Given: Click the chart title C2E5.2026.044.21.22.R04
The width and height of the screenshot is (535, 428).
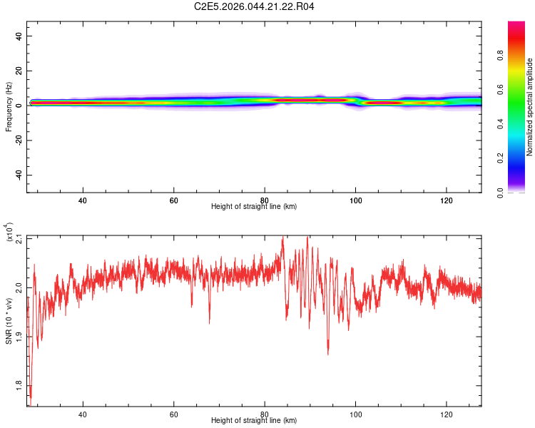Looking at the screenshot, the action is [254, 6].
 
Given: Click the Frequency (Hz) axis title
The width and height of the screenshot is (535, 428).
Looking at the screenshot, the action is [9, 107].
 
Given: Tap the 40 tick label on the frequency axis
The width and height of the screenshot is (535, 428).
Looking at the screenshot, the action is [19, 36].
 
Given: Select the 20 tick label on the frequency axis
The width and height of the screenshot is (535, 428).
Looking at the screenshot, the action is [19, 71].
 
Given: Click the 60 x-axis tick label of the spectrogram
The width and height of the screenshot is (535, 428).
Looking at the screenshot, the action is [173, 200].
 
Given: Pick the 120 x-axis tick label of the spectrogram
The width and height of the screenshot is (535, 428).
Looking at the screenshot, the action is [447, 200].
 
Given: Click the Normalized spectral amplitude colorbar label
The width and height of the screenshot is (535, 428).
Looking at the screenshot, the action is [529, 107].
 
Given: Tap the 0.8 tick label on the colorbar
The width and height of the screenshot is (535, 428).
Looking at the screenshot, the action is [500, 56].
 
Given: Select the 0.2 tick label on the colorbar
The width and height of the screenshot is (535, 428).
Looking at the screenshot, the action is [500, 158].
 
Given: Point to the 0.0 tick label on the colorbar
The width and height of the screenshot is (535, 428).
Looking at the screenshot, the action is [500, 193].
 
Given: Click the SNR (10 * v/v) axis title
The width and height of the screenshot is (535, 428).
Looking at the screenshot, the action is [9, 321].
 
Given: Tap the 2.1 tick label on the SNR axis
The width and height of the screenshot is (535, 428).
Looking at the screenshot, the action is [19, 239].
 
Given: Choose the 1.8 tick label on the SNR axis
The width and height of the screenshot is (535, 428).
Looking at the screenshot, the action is [19, 386].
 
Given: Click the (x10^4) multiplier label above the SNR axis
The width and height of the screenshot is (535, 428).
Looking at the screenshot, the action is [9, 232].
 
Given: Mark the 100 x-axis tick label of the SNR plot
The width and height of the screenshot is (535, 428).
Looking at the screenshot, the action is [355, 414].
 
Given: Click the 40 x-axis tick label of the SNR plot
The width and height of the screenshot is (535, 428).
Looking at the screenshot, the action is [83, 414].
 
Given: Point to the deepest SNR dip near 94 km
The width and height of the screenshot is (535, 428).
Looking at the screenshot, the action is [328, 354].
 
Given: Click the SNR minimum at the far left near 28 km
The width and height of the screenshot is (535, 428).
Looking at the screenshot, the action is [31, 404].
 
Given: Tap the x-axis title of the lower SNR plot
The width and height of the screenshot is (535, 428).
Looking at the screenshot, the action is [254, 420].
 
